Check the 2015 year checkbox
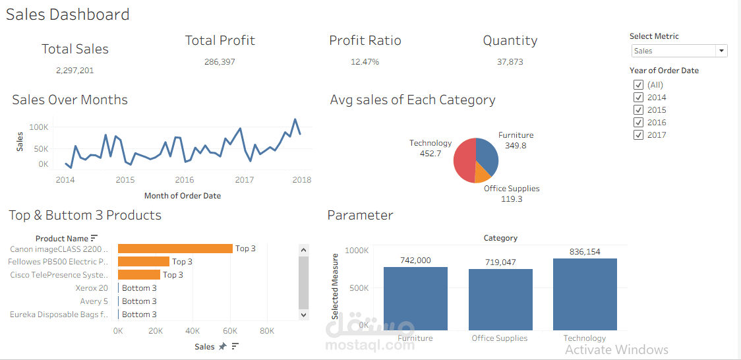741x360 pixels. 638,110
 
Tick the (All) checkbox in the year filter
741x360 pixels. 638,85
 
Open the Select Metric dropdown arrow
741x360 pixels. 721,51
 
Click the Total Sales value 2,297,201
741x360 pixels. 74,70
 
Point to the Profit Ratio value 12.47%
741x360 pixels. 365,62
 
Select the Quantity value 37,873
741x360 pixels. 510,62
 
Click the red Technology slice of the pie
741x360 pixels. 465,162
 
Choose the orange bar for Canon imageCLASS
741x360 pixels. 175,249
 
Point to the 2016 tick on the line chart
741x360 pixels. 185,180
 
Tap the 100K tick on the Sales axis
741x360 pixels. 39,127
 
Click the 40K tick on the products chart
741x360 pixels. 193,331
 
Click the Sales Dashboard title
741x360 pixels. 68,15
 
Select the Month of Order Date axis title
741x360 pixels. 183,196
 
